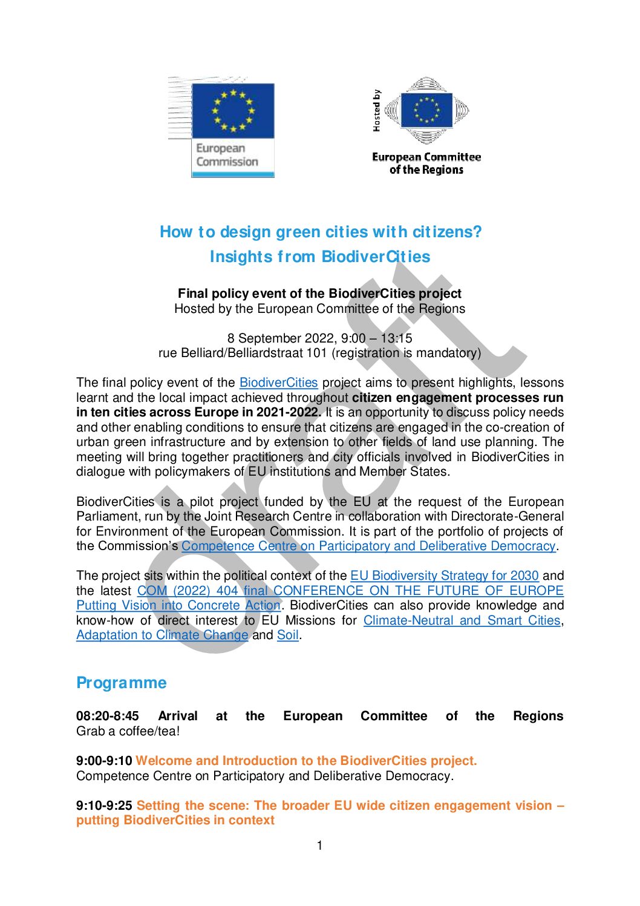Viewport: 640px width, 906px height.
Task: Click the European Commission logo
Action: (233, 127)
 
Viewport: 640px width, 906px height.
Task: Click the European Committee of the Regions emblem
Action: (427, 111)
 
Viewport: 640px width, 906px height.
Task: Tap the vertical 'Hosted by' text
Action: (376, 111)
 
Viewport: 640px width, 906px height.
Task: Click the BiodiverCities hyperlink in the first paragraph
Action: (278, 382)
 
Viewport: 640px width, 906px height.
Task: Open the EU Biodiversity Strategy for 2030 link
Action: (444, 576)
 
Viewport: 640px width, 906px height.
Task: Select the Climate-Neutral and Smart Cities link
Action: (462, 620)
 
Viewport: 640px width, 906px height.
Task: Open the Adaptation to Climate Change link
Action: (162, 635)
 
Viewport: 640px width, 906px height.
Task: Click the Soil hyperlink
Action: (287, 635)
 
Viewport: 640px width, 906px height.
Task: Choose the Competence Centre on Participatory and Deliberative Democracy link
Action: (368, 546)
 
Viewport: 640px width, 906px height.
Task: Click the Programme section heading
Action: (121, 683)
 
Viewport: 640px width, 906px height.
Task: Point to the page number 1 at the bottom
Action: (320, 845)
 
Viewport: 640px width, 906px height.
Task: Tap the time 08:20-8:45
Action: (108, 716)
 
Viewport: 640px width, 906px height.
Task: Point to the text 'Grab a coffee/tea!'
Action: (128, 731)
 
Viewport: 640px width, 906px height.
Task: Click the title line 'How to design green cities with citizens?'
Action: (321, 232)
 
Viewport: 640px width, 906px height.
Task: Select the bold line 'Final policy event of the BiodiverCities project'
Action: (319, 294)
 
